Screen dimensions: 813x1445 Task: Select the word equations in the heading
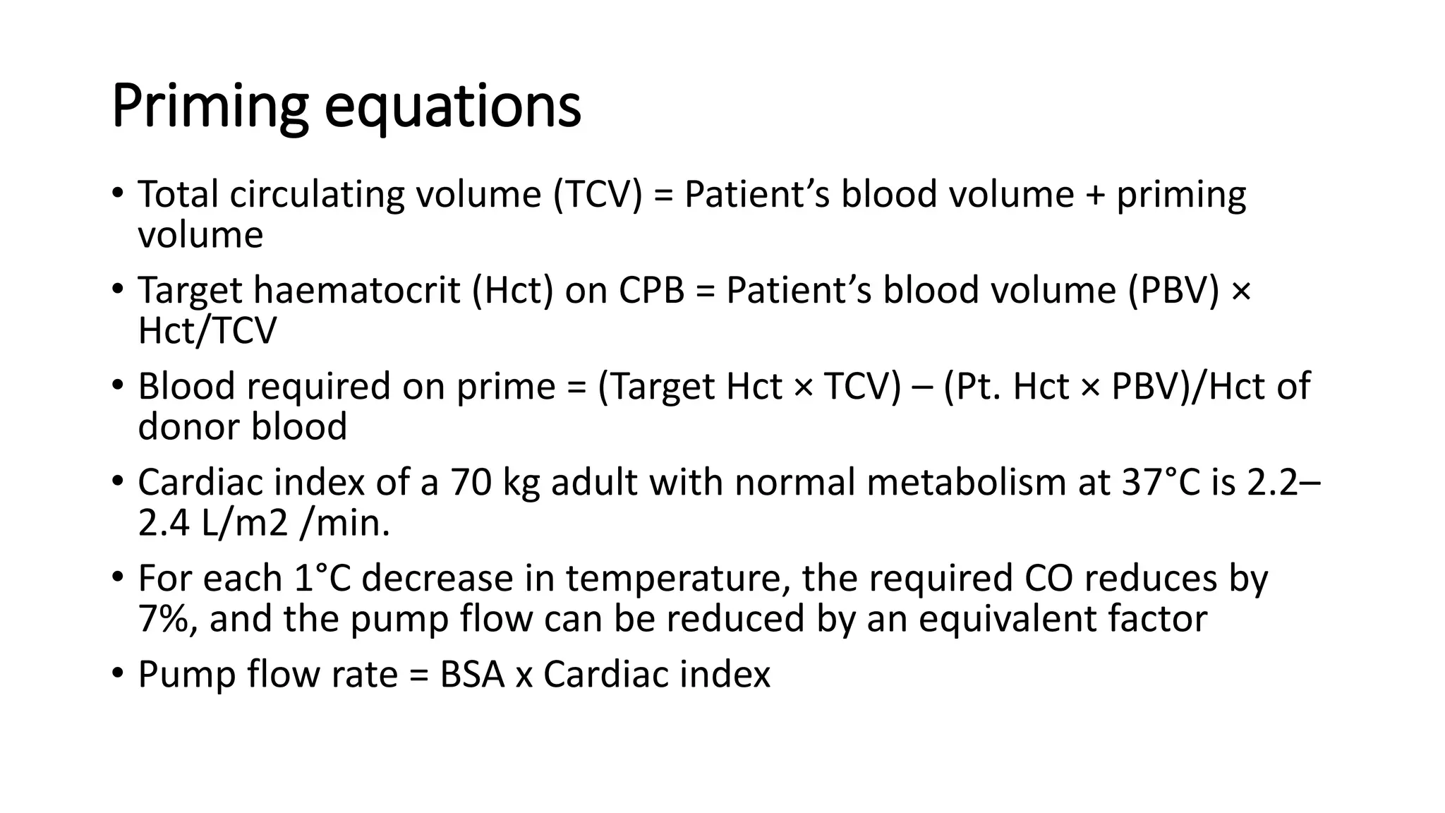click(x=452, y=107)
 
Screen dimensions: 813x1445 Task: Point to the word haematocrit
click(x=356, y=290)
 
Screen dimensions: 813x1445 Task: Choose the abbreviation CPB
click(x=652, y=290)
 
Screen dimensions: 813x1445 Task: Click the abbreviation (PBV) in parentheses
click(x=1173, y=290)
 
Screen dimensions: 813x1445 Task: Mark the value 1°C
click(x=321, y=578)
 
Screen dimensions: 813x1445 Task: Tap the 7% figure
click(x=167, y=619)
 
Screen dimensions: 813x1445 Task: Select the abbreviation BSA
click(x=472, y=674)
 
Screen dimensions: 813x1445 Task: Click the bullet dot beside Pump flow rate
click(x=117, y=672)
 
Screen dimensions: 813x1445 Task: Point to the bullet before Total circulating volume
click(x=117, y=192)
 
